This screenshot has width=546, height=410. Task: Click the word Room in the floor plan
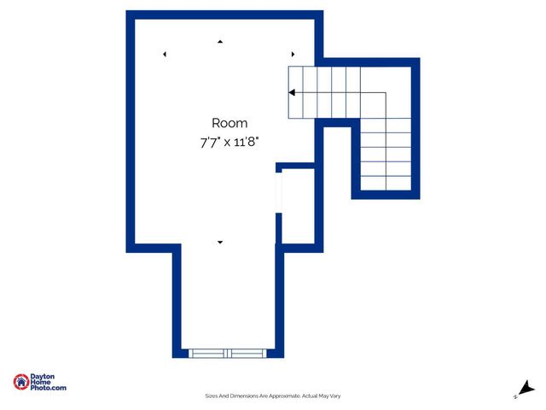[229, 123]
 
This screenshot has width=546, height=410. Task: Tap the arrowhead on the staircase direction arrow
[292, 92]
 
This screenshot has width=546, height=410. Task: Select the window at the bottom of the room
[228, 352]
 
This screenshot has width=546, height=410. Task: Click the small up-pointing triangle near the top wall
[220, 41]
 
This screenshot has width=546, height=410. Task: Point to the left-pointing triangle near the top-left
[165, 55]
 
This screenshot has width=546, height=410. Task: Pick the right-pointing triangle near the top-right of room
[293, 54]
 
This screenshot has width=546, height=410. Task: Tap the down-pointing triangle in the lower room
[220, 243]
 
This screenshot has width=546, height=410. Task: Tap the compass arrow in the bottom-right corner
[528, 389]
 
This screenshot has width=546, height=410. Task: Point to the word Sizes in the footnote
[212, 395]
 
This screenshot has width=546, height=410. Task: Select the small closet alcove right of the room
[299, 206]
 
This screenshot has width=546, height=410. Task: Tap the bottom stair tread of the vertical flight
[386, 182]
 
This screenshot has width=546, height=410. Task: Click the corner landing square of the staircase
[386, 92]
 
